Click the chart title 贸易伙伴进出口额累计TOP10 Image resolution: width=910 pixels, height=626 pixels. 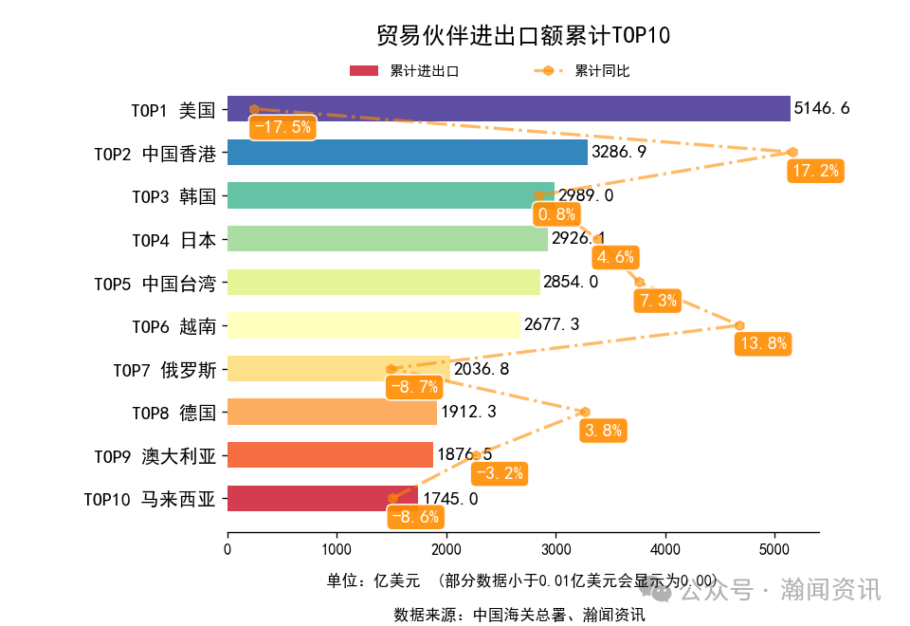point(523,36)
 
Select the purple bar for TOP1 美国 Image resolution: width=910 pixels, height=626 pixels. point(508,109)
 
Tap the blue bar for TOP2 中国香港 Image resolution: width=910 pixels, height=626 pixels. point(408,152)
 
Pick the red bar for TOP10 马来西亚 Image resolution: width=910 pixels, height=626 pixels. point(322,498)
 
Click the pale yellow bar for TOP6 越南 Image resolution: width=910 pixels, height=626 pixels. point(373,325)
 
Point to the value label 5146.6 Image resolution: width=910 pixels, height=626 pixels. point(822,109)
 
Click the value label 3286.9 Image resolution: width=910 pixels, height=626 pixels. point(619,152)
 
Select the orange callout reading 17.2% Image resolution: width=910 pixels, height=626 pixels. point(815,171)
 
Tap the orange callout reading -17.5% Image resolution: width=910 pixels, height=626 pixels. point(281,127)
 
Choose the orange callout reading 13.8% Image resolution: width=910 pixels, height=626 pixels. point(763,343)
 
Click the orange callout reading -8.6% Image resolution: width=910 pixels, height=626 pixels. point(415,517)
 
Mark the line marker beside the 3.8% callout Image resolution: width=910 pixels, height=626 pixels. point(585,412)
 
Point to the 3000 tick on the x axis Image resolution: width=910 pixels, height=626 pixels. point(555,549)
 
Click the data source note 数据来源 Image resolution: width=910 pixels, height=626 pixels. point(519,615)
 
